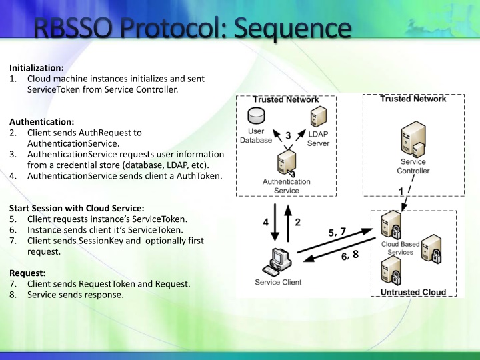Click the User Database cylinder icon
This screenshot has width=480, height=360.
click(256, 114)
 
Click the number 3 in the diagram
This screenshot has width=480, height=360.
click(287, 135)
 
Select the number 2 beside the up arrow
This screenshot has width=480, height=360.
click(298, 221)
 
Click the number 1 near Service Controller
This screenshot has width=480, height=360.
click(401, 191)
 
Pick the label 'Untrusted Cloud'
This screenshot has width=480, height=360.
click(413, 293)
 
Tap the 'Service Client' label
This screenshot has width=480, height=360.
click(278, 282)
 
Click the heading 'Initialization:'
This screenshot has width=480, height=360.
click(37, 67)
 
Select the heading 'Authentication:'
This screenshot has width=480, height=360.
click(41, 122)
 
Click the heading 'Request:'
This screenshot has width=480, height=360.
click(27, 273)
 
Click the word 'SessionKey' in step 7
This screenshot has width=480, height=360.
click(100, 241)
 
